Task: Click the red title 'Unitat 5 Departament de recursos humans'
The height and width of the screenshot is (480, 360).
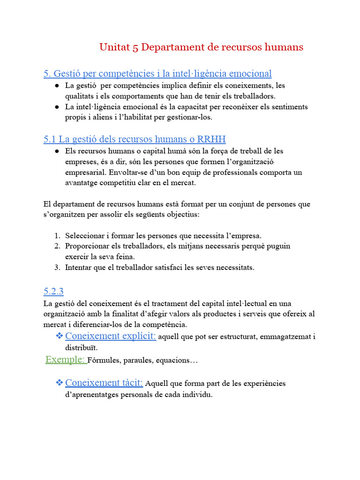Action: point(201,47)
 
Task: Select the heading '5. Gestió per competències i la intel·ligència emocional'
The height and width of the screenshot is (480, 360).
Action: point(157,74)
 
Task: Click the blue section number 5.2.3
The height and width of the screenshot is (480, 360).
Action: point(53,291)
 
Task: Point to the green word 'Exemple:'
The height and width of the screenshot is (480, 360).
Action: point(66,360)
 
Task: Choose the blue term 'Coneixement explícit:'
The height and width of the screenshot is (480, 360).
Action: point(111,336)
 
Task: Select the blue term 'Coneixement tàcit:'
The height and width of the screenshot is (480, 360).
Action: point(104,383)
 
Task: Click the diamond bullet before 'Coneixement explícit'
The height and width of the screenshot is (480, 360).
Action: point(59,336)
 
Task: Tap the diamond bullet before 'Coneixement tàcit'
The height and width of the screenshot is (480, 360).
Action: point(59,383)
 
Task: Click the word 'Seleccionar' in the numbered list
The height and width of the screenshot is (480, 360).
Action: point(82,236)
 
